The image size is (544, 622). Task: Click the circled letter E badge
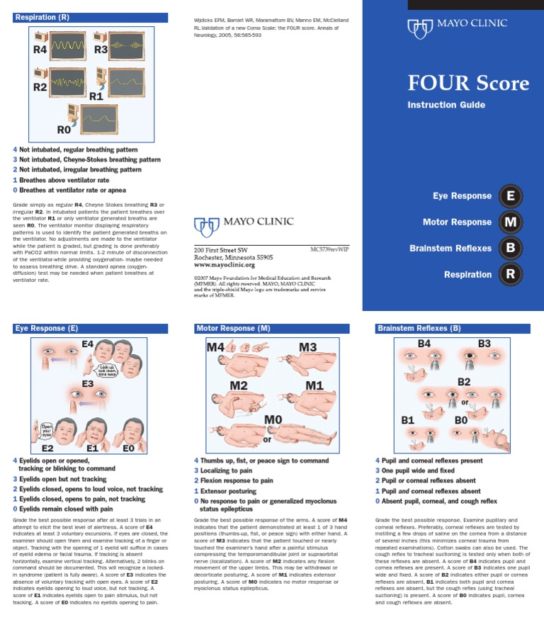pyautogui.click(x=511, y=196)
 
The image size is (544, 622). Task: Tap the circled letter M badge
pyautogui.click(x=511, y=222)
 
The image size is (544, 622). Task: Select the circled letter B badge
pyautogui.click(x=511, y=248)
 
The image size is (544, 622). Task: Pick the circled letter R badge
pyautogui.click(x=511, y=274)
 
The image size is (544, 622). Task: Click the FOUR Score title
pyautogui.click(x=468, y=84)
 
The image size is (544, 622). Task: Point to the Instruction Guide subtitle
pyautogui.click(x=446, y=105)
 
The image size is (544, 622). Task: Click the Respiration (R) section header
pyautogui.click(x=42, y=17)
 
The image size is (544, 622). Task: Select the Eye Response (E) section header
pyautogui.click(x=47, y=329)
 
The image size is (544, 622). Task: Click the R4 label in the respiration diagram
pyautogui.click(x=40, y=50)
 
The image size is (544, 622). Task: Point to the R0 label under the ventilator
pyautogui.click(x=64, y=130)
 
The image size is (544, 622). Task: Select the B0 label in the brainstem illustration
pyautogui.click(x=461, y=419)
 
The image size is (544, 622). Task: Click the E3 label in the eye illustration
pyautogui.click(x=86, y=384)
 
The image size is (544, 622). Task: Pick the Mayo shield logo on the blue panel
pyautogui.click(x=419, y=28)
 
